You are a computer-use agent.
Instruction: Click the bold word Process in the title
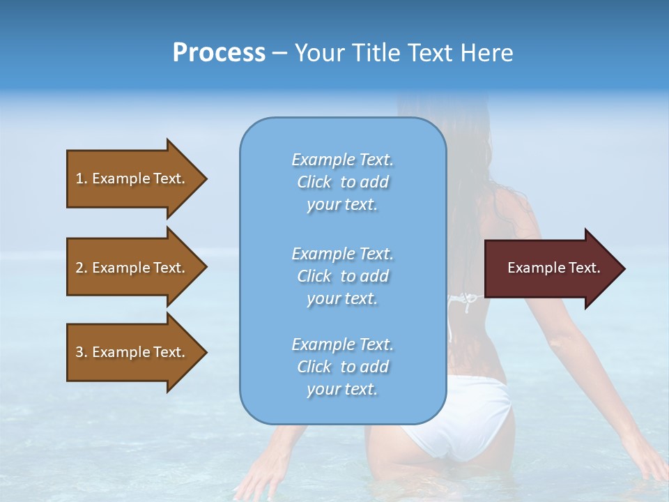tap(219, 53)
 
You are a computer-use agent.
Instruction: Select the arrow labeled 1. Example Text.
tap(132, 178)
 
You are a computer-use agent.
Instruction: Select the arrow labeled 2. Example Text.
tap(132, 268)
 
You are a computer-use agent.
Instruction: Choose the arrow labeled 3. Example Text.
tap(132, 352)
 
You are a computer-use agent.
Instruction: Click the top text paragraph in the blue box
tap(342, 182)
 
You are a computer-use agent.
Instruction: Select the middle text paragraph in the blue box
tap(342, 276)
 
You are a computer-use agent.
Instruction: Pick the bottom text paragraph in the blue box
tap(342, 367)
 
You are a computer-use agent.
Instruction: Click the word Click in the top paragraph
tap(314, 182)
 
